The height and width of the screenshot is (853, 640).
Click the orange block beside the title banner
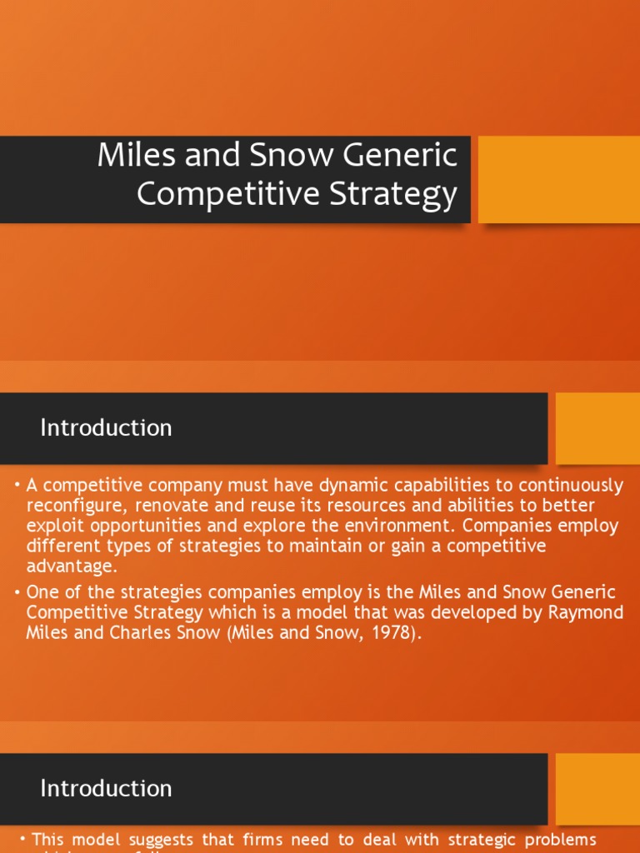coord(558,179)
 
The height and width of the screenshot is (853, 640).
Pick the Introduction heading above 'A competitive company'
coord(106,428)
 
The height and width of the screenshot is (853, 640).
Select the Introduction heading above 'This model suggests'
coord(106,789)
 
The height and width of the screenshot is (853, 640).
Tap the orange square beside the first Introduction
coord(597,428)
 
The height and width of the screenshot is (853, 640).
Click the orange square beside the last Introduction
coord(597,789)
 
